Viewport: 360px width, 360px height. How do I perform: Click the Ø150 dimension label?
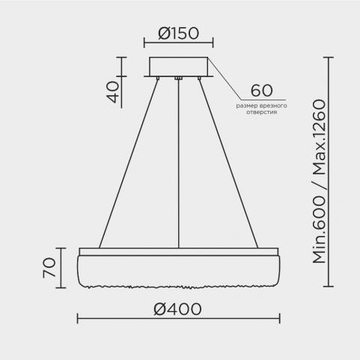[x=179, y=34]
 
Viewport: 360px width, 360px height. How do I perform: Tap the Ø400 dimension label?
[x=177, y=309]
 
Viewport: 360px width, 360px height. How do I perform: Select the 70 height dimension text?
[x=49, y=268]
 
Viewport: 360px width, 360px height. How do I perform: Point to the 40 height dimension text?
[x=113, y=92]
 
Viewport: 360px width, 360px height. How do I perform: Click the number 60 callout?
[x=261, y=91]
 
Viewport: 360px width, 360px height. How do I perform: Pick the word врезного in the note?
[x=275, y=106]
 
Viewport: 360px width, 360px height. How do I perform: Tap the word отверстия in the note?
[x=262, y=112]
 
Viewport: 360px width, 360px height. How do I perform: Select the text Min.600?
[x=320, y=230]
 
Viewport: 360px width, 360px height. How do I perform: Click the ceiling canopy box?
[x=178, y=67]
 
